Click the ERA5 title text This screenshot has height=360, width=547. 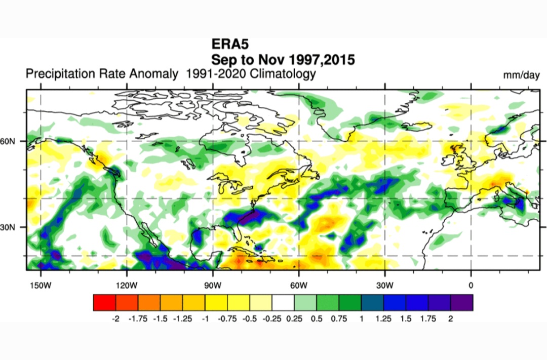(x=230, y=44)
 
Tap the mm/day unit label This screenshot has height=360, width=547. (x=521, y=75)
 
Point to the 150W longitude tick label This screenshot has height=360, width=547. (x=41, y=286)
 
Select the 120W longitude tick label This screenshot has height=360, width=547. (x=127, y=286)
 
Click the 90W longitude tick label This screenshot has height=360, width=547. (x=213, y=286)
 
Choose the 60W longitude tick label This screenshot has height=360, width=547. (x=299, y=286)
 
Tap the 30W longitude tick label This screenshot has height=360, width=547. (x=385, y=286)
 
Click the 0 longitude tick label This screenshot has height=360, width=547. (x=471, y=286)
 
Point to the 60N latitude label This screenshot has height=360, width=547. (x=8, y=141)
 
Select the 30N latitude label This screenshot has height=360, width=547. (x=8, y=227)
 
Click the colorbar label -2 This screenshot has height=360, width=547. (x=115, y=318)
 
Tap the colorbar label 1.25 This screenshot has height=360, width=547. (x=383, y=318)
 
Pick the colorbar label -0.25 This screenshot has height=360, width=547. (x=271, y=318)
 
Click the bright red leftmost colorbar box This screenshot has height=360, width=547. (x=105, y=302)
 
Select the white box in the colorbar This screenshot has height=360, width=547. (x=283, y=302)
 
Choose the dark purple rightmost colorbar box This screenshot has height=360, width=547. (x=462, y=302)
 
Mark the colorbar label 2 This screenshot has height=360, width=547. (x=451, y=318)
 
